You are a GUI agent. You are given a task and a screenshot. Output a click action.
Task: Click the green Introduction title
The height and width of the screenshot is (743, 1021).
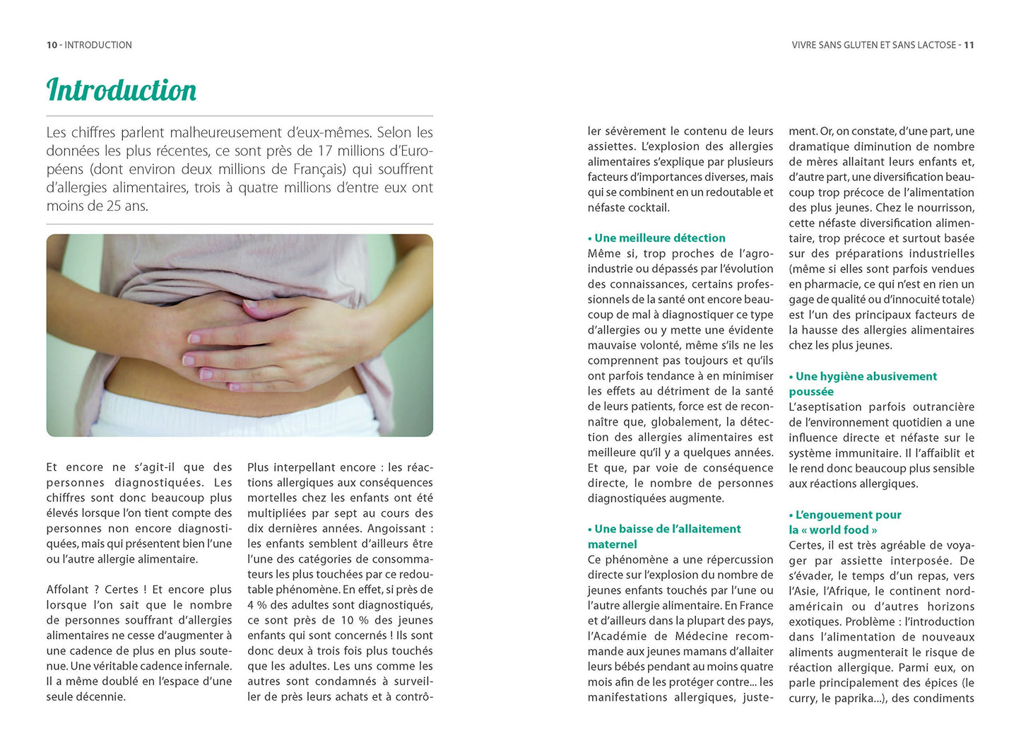click(x=122, y=90)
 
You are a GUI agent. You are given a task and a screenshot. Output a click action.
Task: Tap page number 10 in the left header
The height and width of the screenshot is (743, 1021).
click(x=52, y=45)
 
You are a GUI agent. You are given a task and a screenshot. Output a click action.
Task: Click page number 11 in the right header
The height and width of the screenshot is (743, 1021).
click(x=969, y=45)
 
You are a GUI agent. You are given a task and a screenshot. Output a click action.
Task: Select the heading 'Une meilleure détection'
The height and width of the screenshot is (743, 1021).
click(x=659, y=238)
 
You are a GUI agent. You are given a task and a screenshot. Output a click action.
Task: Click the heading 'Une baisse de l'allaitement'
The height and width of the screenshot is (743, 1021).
click(x=667, y=529)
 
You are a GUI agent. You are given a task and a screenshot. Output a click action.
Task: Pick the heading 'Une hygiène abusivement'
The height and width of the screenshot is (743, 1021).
click(x=866, y=377)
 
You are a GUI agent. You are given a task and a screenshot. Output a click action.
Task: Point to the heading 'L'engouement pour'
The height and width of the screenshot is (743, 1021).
click(x=848, y=515)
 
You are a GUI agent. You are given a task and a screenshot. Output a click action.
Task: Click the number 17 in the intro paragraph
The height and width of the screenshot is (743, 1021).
click(x=325, y=151)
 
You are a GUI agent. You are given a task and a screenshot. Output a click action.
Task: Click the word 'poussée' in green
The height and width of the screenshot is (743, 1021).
click(x=811, y=392)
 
